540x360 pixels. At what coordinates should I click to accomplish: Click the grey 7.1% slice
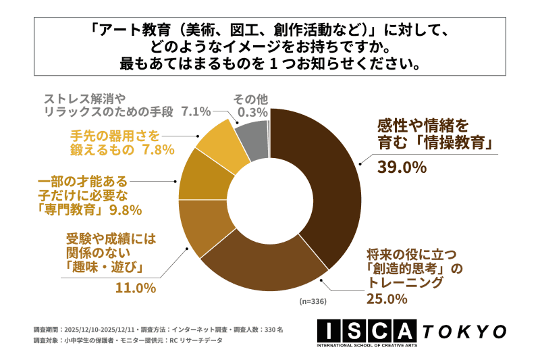pyautogui.click(x=252, y=132)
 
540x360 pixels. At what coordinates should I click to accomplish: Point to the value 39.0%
pyautogui.click(x=401, y=167)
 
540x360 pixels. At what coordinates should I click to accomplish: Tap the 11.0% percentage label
pyautogui.click(x=134, y=288)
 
